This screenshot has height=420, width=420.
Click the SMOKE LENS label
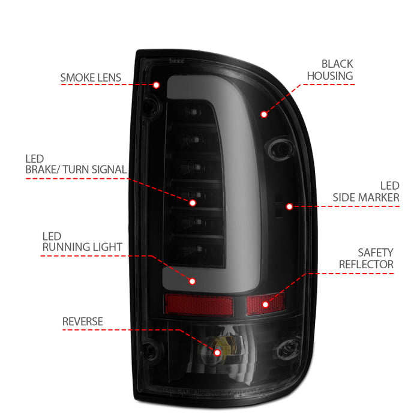90,77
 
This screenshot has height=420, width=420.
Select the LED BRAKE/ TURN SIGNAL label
76,164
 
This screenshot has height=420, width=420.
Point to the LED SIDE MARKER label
365,191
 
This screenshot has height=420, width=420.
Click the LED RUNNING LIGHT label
82,241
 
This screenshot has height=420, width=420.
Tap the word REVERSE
83,322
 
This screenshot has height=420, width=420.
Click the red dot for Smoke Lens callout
156,85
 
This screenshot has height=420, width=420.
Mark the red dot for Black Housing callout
263,113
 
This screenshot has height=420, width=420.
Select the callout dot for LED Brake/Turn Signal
193,203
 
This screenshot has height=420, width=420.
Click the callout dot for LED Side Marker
289,206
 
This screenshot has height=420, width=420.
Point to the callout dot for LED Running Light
193,280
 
